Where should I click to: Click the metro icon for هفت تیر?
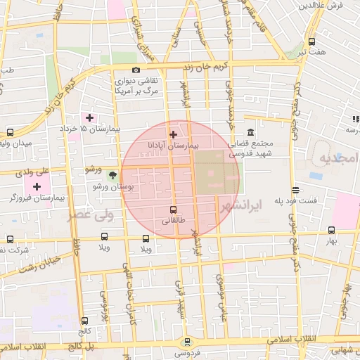311,41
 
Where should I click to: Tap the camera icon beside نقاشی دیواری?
136,70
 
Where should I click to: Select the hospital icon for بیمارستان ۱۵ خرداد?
89,117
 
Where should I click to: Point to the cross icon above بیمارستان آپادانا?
173,133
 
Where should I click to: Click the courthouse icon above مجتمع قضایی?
250,133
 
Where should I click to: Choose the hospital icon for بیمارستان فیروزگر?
37,186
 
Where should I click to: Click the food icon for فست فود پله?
297,189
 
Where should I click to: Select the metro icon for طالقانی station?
173,210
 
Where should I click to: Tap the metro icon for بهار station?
331,229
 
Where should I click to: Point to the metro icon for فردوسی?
186,342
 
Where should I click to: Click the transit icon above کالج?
84,320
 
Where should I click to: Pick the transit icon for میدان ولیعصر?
10,132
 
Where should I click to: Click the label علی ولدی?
34,170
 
